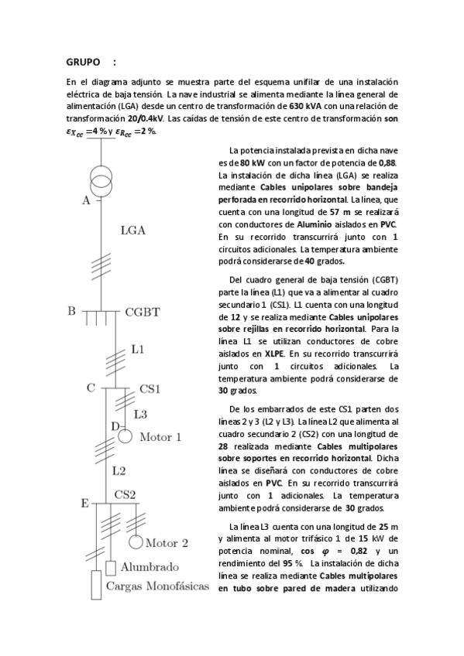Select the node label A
pos(86,201)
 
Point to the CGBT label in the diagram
pos(143,313)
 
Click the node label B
pos(71,311)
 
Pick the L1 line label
pos(137,350)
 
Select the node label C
pos(91,388)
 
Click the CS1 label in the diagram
pos(150,388)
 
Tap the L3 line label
pos(140,415)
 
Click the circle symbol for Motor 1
pos(125,436)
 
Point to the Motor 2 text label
pos(167,542)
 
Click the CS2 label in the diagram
pos(125,494)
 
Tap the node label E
pos(84,504)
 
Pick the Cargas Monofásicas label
pos(157,586)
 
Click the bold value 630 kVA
pos(307,105)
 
